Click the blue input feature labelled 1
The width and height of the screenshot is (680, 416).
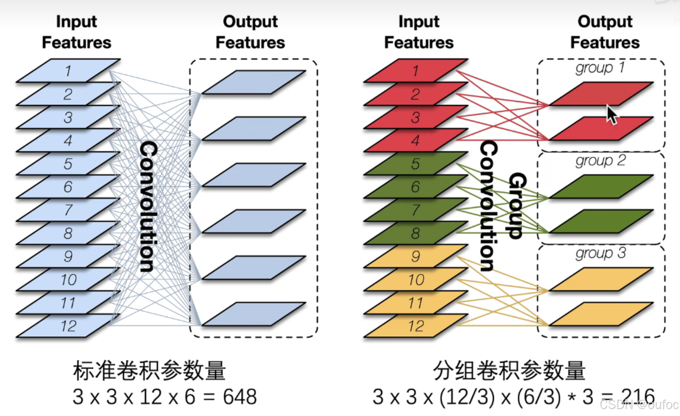point(68,71)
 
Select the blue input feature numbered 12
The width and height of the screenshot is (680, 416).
point(68,326)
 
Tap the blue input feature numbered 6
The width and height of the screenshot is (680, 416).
point(68,187)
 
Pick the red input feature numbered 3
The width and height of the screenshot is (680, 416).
point(415,117)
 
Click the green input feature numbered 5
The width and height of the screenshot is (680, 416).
point(415,164)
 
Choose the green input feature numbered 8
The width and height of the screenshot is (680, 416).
point(415,233)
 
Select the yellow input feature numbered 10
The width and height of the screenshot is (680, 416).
point(416,280)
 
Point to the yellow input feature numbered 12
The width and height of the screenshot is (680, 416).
point(416,326)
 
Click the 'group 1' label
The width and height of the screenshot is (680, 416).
point(600,68)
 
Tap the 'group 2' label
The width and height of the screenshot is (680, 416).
point(600,160)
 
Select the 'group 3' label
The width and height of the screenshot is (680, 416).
point(600,253)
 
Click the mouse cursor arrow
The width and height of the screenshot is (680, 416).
point(612,114)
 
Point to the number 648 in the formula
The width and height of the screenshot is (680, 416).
point(240,397)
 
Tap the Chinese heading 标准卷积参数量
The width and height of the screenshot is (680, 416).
point(149,370)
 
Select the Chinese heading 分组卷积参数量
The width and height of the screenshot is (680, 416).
point(509,370)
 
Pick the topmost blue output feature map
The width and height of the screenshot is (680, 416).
point(254,82)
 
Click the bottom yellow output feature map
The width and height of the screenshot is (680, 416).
point(601,314)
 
